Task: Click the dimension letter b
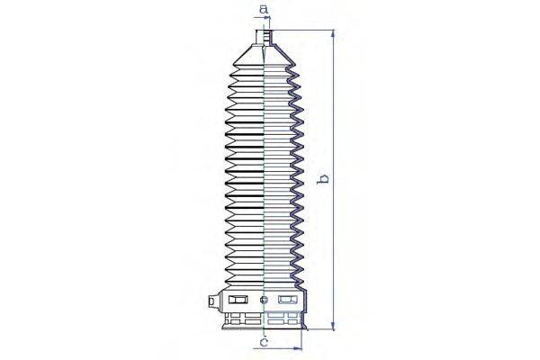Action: (323, 179)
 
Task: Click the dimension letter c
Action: (264, 343)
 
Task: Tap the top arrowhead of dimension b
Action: (334, 33)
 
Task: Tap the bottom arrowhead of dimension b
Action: (334, 327)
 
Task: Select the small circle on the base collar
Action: (263, 300)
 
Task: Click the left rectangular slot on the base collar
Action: (238, 300)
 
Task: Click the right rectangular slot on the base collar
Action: (287, 300)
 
